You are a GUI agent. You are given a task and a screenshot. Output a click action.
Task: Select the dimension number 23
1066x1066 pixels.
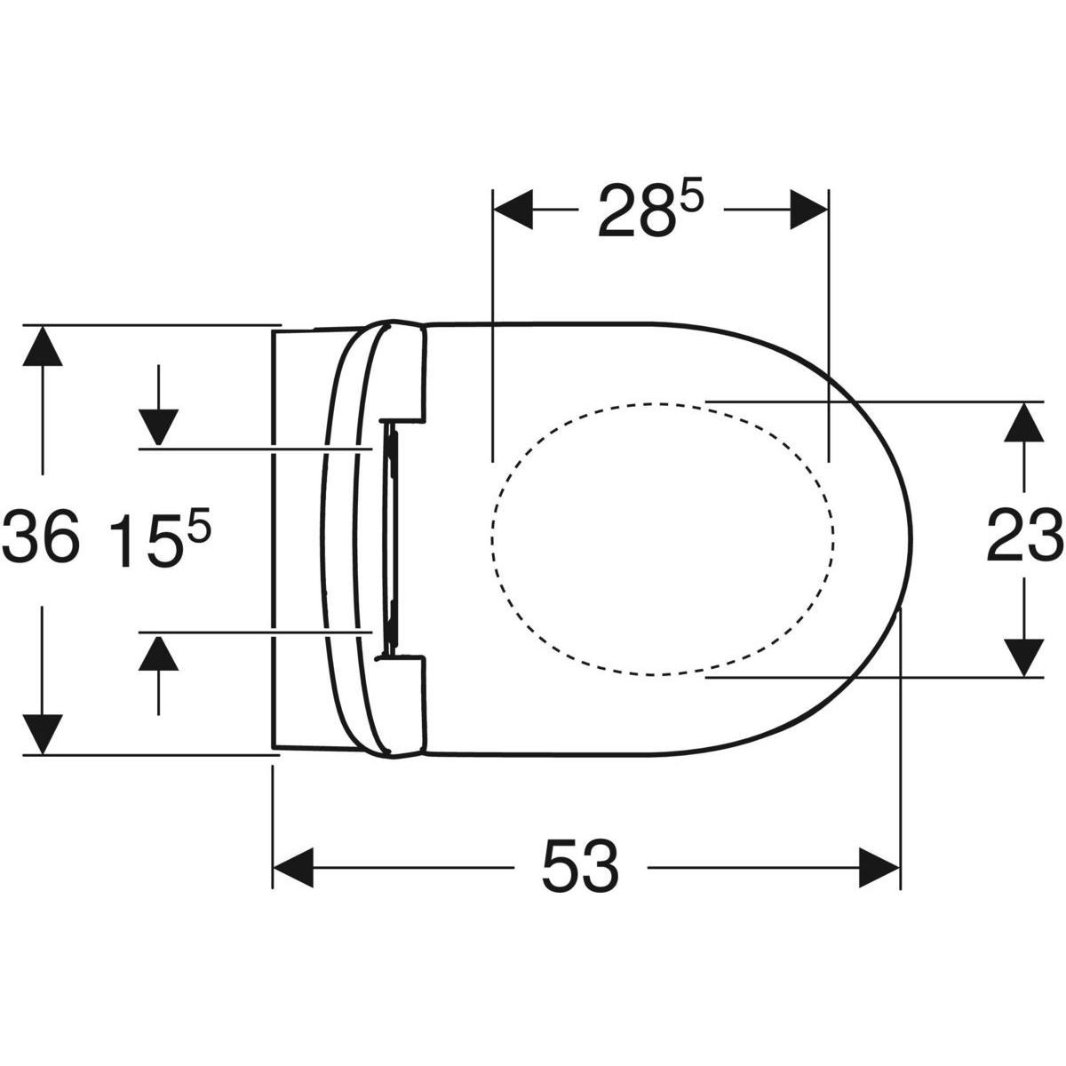(1025, 536)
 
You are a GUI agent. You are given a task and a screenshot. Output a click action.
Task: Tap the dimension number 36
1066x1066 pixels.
(42, 536)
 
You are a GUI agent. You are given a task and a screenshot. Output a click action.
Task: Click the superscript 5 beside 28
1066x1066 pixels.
(691, 194)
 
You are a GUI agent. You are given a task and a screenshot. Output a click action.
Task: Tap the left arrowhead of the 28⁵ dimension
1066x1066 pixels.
(513, 210)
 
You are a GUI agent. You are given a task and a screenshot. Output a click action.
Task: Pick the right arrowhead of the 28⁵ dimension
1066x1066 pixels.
(808, 210)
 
